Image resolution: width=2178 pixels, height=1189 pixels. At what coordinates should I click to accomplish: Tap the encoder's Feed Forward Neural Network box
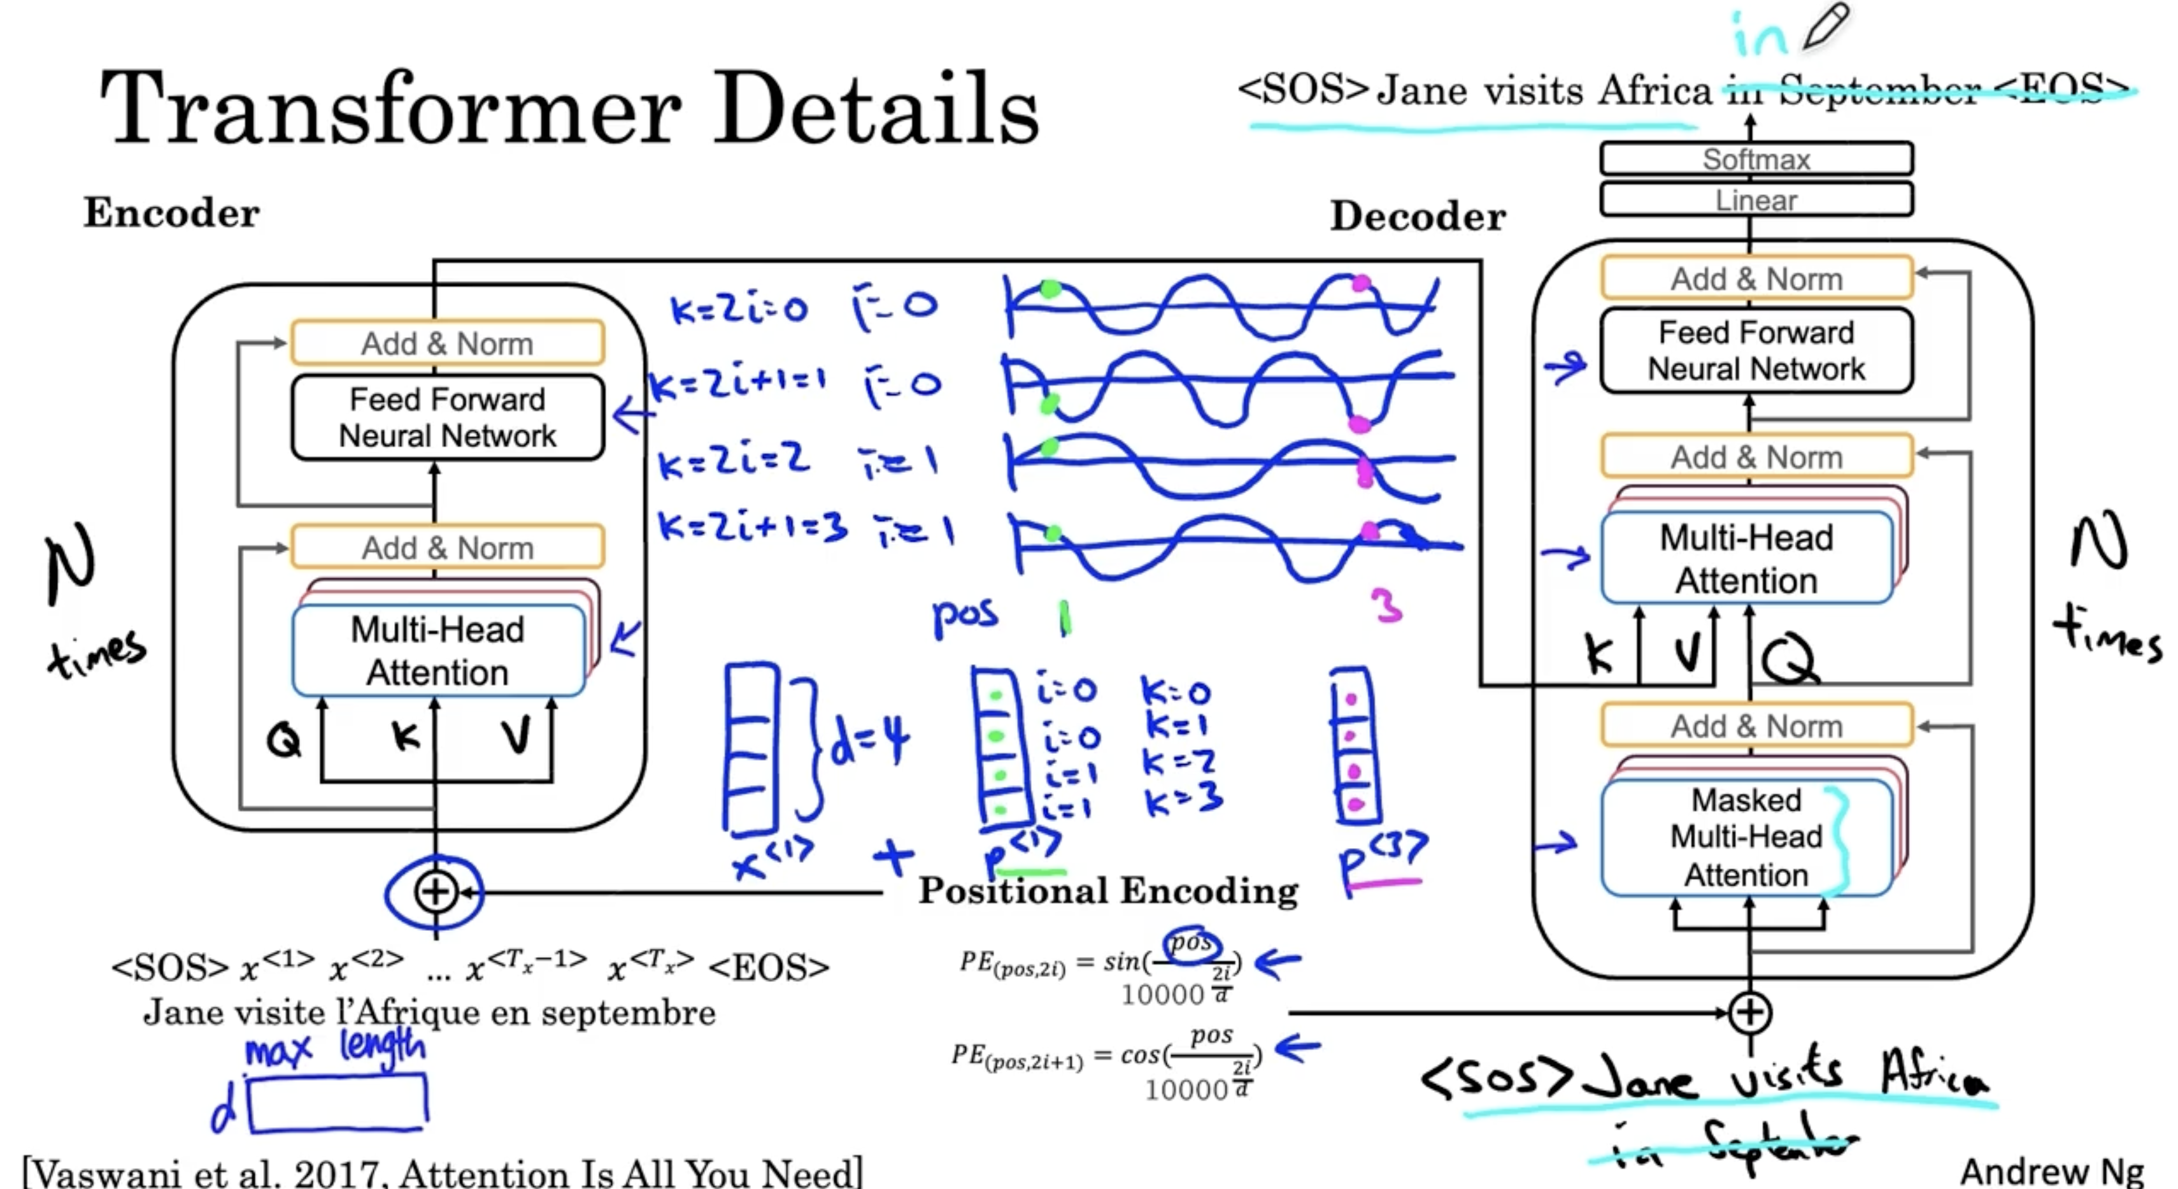(x=447, y=418)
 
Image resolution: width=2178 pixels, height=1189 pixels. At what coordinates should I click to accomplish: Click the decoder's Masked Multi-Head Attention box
(x=1746, y=837)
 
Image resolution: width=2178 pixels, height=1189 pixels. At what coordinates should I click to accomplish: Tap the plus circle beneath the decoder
(x=1749, y=1012)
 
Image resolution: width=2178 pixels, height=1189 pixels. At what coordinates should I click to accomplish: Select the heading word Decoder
(x=1418, y=217)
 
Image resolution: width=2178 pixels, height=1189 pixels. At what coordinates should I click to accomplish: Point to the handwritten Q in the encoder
(x=284, y=741)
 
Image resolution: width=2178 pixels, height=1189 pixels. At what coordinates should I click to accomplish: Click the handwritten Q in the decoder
(x=1788, y=658)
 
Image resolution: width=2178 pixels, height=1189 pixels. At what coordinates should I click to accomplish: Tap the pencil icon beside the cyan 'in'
(x=1825, y=27)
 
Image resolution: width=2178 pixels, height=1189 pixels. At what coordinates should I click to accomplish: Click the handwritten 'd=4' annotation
(x=869, y=742)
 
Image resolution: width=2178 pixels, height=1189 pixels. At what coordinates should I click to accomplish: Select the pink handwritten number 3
(x=1386, y=605)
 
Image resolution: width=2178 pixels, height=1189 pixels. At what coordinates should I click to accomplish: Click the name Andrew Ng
(x=2051, y=1171)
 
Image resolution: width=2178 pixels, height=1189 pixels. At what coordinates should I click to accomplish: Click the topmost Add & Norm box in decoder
(x=1756, y=278)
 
